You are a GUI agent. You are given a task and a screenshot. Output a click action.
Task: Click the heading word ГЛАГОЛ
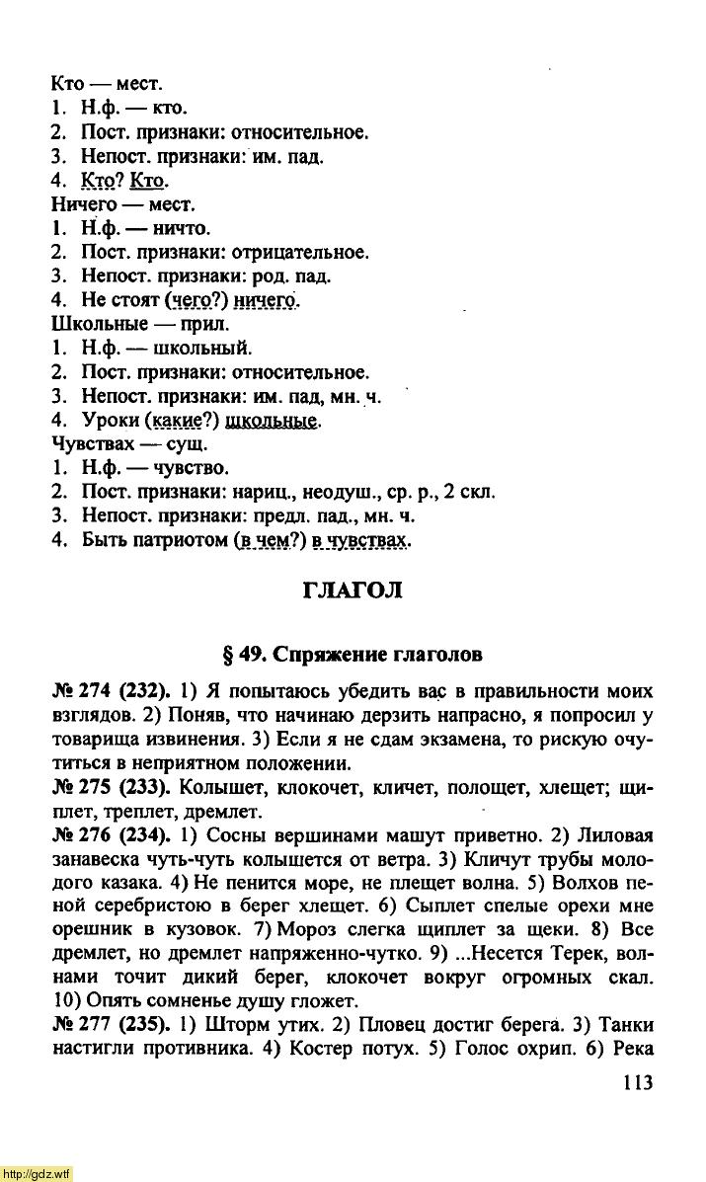point(352,591)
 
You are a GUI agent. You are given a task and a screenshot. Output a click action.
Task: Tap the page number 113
point(638,1083)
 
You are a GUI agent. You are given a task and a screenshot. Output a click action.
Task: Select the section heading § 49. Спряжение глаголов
point(353,654)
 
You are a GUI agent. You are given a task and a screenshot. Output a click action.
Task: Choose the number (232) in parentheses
point(146,691)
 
